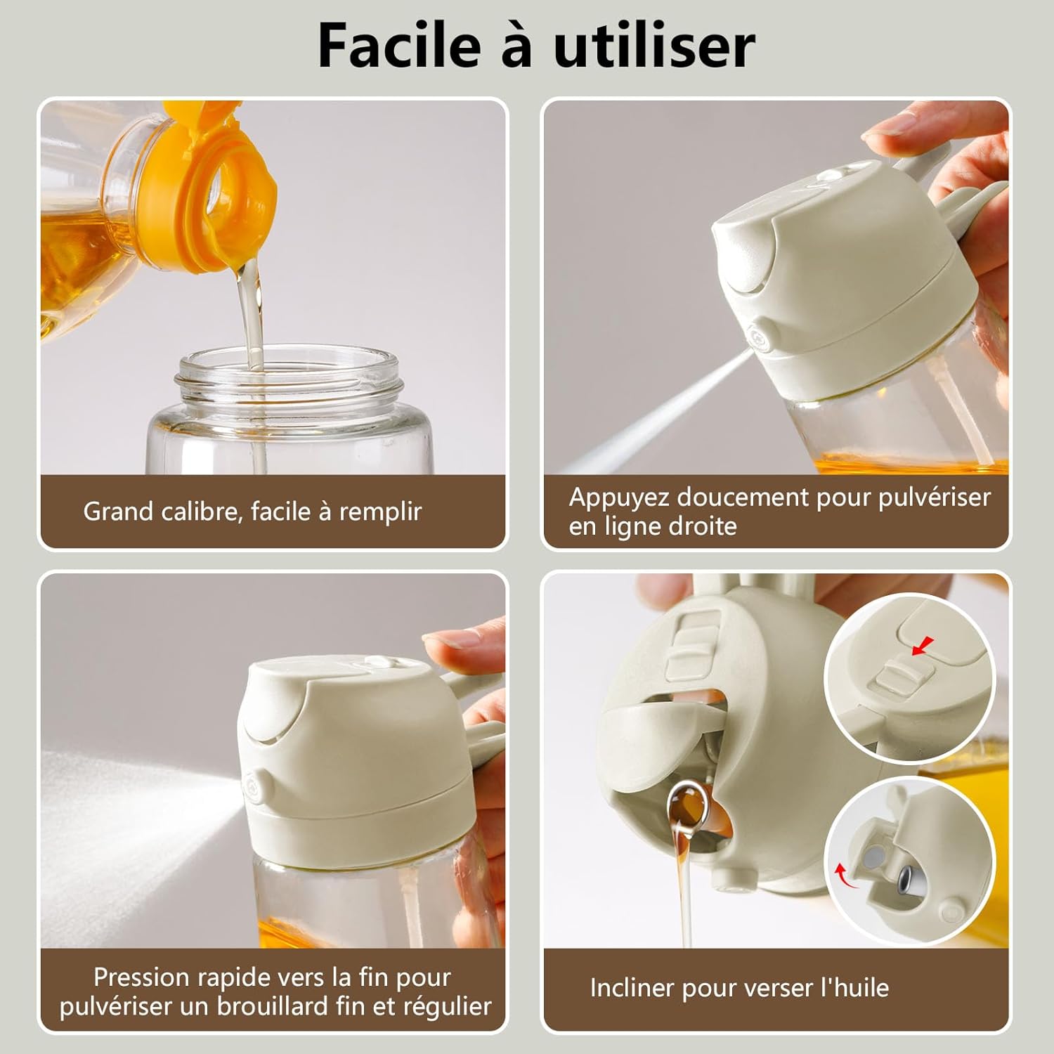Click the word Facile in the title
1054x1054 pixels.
pyautogui.click(x=398, y=46)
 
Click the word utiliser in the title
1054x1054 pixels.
pyautogui.click(x=654, y=46)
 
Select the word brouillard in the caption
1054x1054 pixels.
pyautogui.click(x=273, y=1006)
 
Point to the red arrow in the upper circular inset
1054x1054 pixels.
pyautogui.click(x=925, y=644)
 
